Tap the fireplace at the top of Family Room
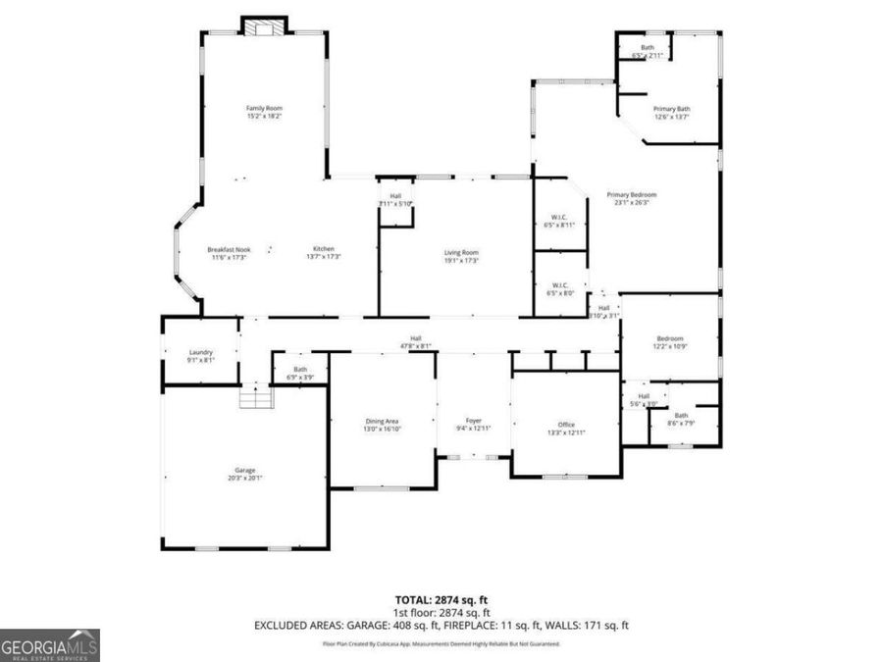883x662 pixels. tap(263, 27)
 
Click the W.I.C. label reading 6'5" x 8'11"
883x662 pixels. tap(558, 221)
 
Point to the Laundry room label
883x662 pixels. tap(200, 356)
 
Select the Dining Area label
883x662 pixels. tap(383, 425)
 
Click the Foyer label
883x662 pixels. tap(474, 425)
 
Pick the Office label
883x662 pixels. tap(566, 429)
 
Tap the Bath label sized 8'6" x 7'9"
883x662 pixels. tap(681, 419)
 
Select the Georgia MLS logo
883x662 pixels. tap(49, 645)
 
